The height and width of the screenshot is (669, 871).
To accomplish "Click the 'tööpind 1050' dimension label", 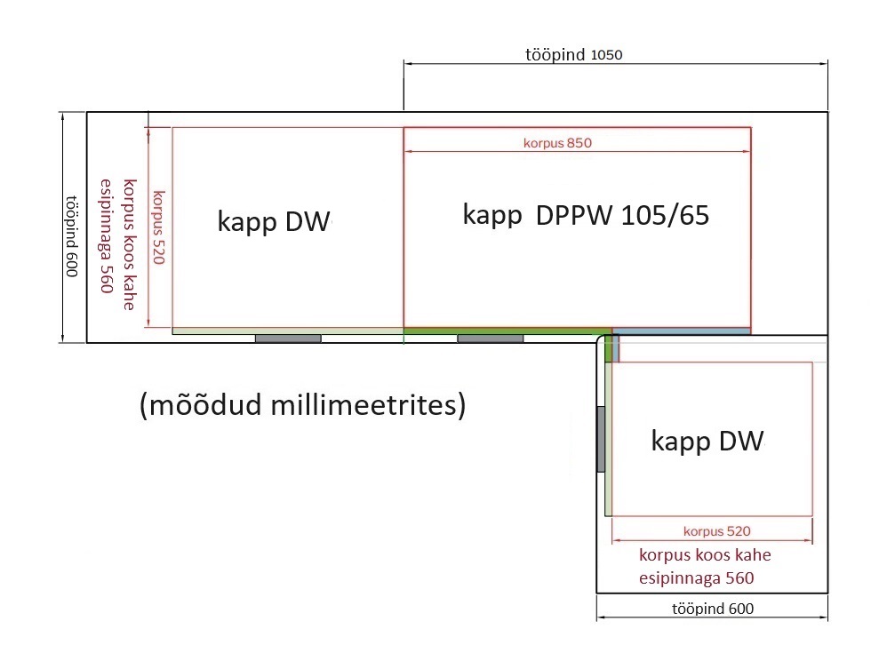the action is click(x=574, y=54).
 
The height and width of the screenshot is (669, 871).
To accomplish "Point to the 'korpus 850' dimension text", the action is click(x=557, y=143).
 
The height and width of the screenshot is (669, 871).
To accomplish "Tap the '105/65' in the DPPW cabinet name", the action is click(x=665, y=215).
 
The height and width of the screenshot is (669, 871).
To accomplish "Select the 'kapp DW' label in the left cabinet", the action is click(x=274, y=221).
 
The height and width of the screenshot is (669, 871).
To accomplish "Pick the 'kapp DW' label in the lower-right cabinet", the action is click(x=707, y=441).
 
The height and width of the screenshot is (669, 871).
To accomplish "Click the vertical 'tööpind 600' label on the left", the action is click(x=72, y=236).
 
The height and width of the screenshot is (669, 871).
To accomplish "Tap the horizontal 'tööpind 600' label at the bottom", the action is click(x=713, y=609).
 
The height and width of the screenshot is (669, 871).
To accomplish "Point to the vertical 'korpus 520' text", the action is click(x=159, y=227).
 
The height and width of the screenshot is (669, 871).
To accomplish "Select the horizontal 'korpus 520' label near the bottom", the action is click(x=716, y=531).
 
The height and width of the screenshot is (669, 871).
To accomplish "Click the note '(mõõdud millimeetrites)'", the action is click(x=303, y=405).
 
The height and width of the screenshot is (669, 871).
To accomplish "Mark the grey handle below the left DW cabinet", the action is click(x=288, y=338).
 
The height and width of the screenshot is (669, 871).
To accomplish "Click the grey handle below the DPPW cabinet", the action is click(x=490, y=338).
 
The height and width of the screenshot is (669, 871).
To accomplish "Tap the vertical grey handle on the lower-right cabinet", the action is click(x=601, y=439).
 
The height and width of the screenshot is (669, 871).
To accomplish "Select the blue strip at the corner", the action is click(x=681, y=331).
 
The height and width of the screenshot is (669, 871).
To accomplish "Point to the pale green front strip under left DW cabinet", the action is click(x=288, y=331).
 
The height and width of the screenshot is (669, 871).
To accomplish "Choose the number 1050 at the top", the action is click(x=606, y=55).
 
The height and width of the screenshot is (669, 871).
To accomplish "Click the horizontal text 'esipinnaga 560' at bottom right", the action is click(x=696, y=578).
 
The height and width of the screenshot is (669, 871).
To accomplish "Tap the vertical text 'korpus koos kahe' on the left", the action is click(x=130, y=244).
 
